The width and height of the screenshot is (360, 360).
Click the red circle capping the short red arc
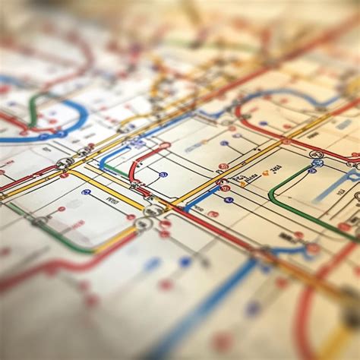tap(165, 145)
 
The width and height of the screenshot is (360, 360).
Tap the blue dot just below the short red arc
tap(163, 175)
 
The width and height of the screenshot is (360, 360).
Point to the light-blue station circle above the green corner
tap(317, 163)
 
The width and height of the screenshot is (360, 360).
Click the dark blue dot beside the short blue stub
tap(229, 200)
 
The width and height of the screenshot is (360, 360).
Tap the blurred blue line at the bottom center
tap(197, 311)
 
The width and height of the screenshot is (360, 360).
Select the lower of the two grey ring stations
tap(143, 224)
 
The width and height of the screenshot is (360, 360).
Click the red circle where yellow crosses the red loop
tap(286, 141)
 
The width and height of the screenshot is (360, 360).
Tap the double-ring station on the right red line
tap(317, 154)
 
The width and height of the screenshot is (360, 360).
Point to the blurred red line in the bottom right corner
tap(304, 319)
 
